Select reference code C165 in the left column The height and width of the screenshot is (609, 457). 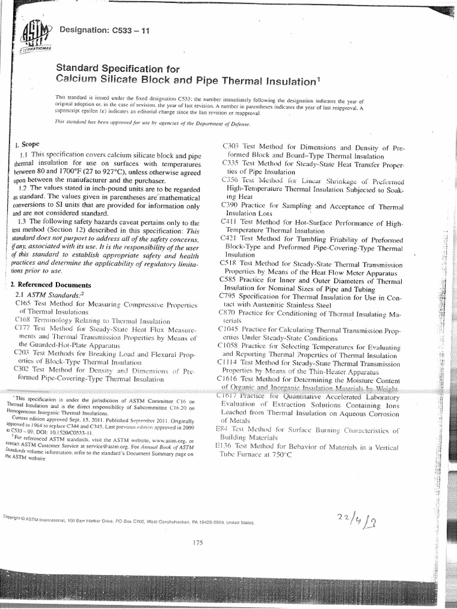tap(23, 304)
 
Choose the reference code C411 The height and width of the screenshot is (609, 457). tap(230, 222)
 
